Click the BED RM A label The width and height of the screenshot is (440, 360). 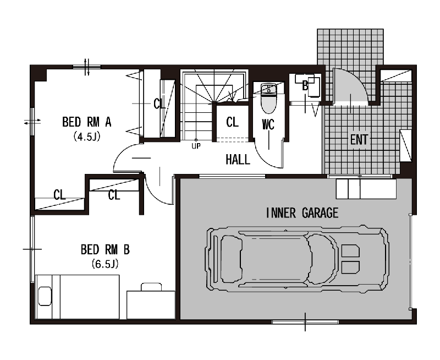pyautogui.click(x=87, y=122)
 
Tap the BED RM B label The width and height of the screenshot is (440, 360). pyautogui.click(x=105, y=250)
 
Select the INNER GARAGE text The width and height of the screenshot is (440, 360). pyautogui.click(x=302, y=213)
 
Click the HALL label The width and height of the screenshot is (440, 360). pyautogui.click(x=238, y=160)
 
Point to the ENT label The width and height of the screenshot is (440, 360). pyautogui.click(x=359, y=140)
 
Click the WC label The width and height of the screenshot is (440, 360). pyautogui.click(x=268, y=124)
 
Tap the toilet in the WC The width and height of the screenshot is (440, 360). pyautogui.click(x=268, y=98)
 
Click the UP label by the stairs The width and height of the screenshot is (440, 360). pyautogui.click(x=196, y=146)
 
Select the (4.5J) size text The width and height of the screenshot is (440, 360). pyautogui.click(x=87, y=137)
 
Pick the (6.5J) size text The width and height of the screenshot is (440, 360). pyautogui.click(x=105, y=264)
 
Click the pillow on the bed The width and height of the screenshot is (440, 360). pyautogui.click(x=45, y=296)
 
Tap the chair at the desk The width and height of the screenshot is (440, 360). pyautogui.click(x=151, y=287)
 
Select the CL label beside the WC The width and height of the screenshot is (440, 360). pyautogui.click(x=232, y=122)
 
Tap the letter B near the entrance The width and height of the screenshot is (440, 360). pyautogui.click(x=305, y=86)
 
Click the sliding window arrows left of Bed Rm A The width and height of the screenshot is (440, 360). pyautogui.click(x=32, y=122)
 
